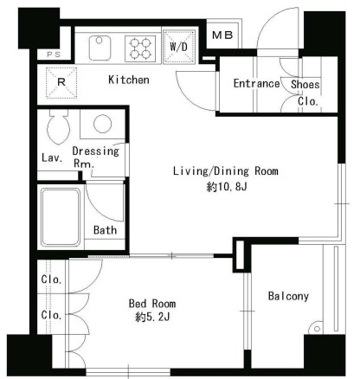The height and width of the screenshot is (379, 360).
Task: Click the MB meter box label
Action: [x=222, y=35]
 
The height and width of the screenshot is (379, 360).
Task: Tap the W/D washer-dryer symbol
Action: [x=179, y=46]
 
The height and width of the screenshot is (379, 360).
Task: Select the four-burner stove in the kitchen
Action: [x=140, y=48]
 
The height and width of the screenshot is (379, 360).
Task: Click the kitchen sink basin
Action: [x=100, y=48]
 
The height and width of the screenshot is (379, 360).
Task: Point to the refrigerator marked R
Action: [x=61, y=82]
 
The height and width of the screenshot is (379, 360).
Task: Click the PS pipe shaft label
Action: [x=54, y=55]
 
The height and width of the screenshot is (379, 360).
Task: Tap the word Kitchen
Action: [x=129, y=80]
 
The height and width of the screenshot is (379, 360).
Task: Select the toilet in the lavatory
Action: [x=59, y=127]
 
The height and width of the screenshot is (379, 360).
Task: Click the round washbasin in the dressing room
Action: [x=102, y=124]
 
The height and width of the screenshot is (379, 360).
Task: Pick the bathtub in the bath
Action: [x=61, y=217]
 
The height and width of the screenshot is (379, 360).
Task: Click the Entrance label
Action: [x=256, y=84]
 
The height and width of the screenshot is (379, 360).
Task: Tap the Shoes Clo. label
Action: [x=305, y=93]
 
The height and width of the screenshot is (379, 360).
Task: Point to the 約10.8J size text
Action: [x=227, y=187]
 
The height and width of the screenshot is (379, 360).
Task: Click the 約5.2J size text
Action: [x=152, y=318]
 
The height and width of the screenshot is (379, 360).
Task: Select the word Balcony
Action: [x=288, y=296]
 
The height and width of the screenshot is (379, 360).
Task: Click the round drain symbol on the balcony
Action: [x=317, y=329]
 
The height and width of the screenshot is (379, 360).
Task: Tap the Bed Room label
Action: [x=152, y=304]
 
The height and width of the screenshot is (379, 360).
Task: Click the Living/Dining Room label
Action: [x=226, y=171]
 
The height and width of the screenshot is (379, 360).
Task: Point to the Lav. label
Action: [x=52, y=157]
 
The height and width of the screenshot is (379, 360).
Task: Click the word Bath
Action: [x=105, y=230]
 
